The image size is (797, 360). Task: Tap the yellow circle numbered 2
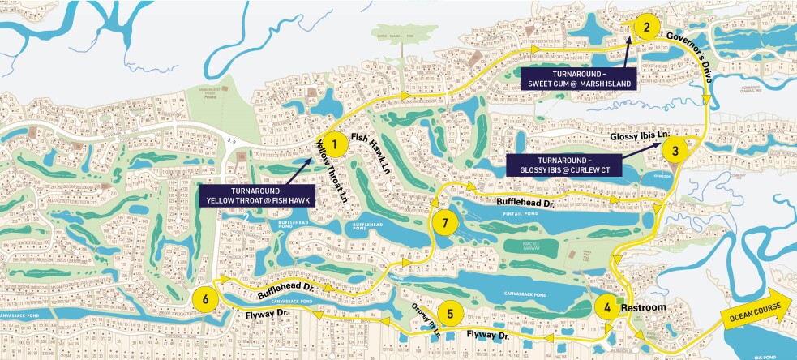click(x=646, y=27)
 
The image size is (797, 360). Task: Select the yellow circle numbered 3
click(x=675, y=149)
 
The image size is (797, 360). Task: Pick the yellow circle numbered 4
click(x=606, y=307)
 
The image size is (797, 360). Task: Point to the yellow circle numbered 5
click(x=451, y=312)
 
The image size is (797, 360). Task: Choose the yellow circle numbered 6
click(x=206, y=299)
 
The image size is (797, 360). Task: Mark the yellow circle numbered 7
click(x=443, y=221)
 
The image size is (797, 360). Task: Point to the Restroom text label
click(x=645, y=307)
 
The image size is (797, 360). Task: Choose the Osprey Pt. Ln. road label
click(x=426, y=322)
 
